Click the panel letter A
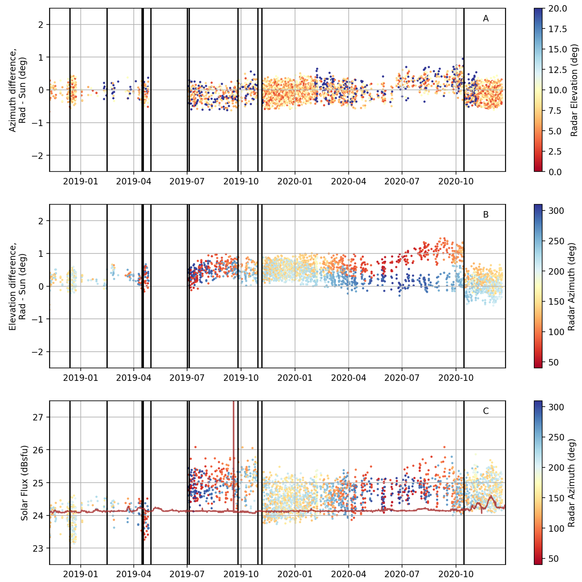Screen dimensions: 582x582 [x=486, y=19]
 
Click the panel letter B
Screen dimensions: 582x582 [x=486, y=215]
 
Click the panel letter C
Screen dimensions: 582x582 [x=486, y=411]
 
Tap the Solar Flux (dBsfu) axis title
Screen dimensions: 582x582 [x=24, y=482]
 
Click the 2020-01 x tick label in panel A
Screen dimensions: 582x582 [x=295, y=181]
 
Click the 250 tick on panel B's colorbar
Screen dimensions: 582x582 [x=556, y=241]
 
